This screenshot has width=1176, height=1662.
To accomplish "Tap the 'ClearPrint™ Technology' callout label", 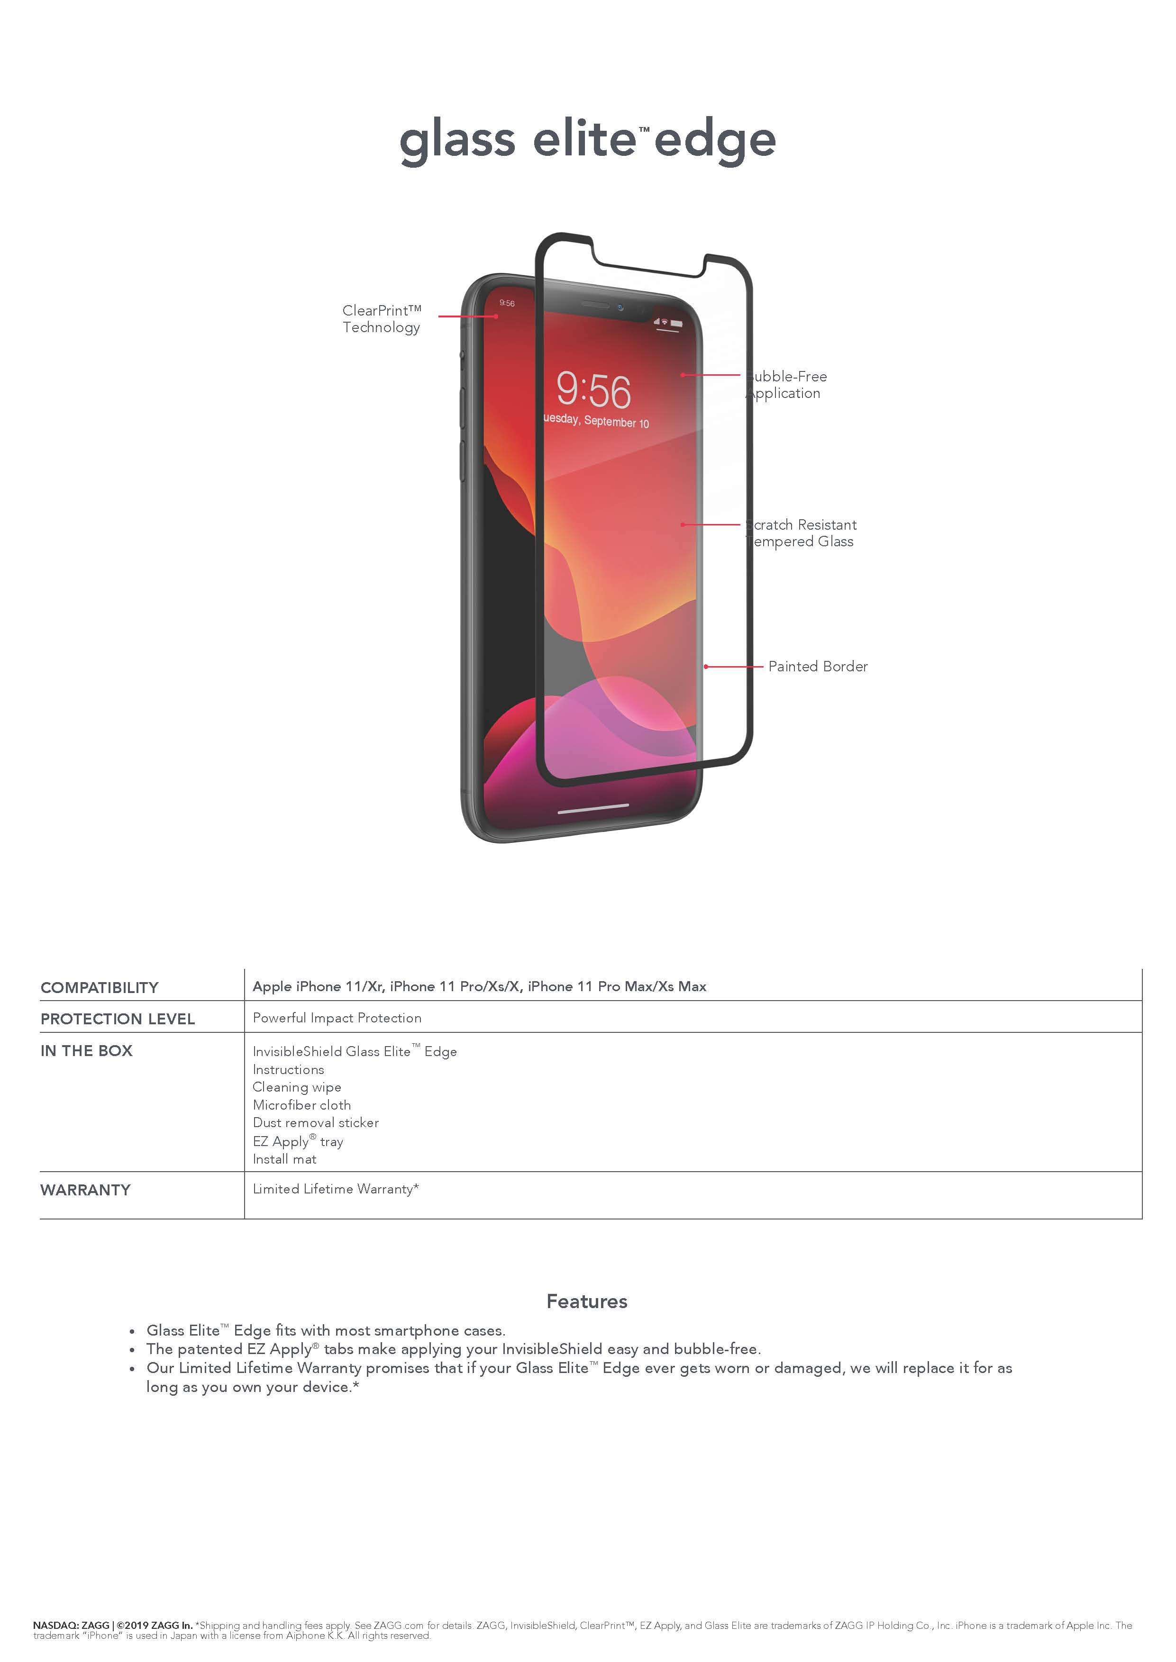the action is (381, 318).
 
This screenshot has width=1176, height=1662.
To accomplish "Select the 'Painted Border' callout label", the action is (818, 666).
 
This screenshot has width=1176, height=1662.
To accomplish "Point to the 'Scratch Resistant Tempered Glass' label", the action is (802, 533).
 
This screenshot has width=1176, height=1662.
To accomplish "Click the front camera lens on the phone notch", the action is (620, 307).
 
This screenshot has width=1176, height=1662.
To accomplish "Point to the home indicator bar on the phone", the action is (593, 808).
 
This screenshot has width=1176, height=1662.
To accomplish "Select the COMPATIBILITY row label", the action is (99, 987).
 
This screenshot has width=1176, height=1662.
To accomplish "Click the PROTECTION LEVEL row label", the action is (117, 1019).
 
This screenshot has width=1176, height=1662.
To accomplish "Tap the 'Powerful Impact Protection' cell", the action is (337, 1018).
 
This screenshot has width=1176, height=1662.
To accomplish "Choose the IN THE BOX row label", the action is (86, 1051).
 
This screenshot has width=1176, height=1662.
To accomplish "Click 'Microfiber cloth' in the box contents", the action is (301, 1105).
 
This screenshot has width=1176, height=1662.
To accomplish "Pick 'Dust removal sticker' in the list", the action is (315, 1123).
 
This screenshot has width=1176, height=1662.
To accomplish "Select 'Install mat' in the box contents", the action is (284, 1159).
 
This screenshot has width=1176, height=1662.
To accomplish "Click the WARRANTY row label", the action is (85, 1190).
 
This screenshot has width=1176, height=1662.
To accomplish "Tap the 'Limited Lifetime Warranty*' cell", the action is (335, 1189).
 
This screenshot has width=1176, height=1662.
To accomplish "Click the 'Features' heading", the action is (586, 1301).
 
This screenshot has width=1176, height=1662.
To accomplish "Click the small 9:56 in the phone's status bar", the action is (507, 303).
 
